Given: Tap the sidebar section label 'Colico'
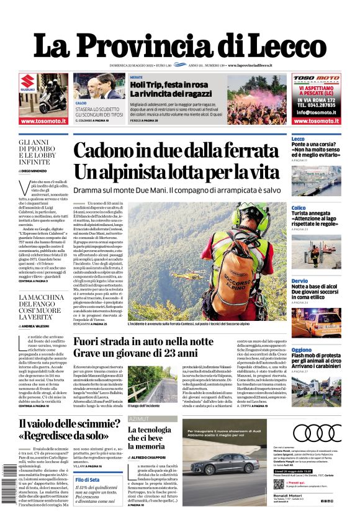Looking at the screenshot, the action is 299,208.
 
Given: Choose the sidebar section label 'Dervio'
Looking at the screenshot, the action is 299,281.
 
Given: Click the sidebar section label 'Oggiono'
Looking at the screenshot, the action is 302,350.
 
